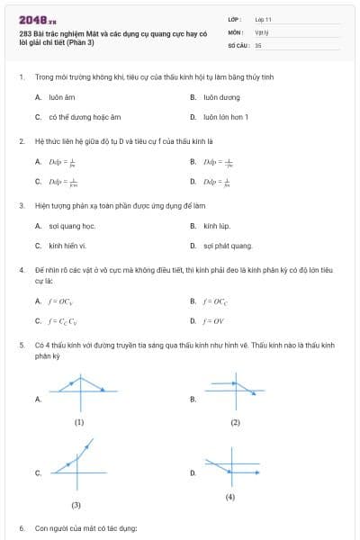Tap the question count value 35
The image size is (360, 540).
(258, 44)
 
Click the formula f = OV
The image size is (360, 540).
(214, 320)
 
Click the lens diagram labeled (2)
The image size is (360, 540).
(235, 392)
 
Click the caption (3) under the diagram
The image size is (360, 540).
(76, 505)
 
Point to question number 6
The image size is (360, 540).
(22, 528)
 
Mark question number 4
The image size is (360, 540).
(22, 270)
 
